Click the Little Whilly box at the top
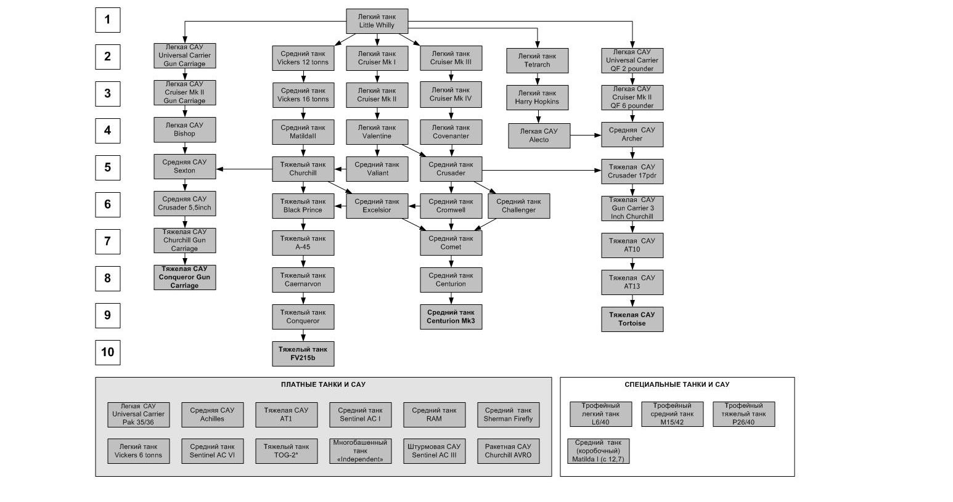(x=377, y=21)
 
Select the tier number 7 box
(x=107, y=241)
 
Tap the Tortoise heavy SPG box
(x=632, y=319)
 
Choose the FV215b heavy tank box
(x=303, y=354)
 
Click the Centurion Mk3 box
(x=451, y=317)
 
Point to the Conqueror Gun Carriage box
(x=184, y=277)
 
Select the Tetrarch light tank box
(x=537, y=60)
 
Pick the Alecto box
(x=539, y=136)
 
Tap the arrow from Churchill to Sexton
(x=244, y=169)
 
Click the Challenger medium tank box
(x=518, y=206)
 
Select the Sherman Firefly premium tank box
(x=508, y=415)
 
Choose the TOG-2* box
(x=286, y=451)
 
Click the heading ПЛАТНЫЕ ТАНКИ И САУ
(x=323, y=385)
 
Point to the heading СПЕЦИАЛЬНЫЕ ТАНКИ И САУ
(x=676, y=385)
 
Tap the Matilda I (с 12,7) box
(x=598, y=451)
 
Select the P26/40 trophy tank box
(x=743, y=414)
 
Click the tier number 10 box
(x=107, y=352)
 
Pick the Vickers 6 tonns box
(x=138, y=451)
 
